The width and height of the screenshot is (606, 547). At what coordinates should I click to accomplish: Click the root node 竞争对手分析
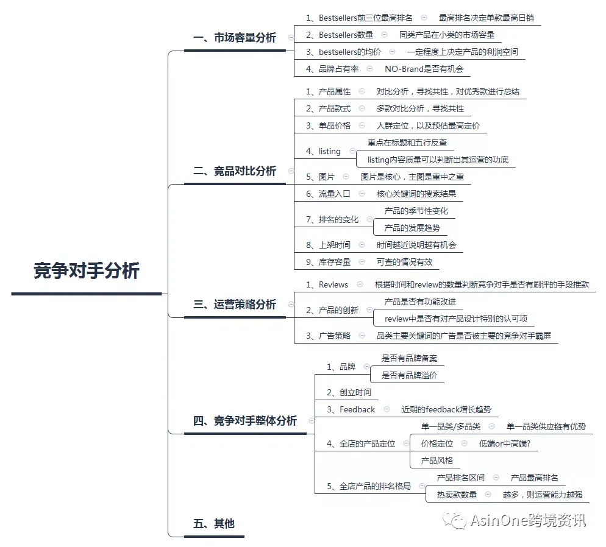[x=86, y=270]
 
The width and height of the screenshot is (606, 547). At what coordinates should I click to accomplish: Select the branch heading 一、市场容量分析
[x=235, y=38]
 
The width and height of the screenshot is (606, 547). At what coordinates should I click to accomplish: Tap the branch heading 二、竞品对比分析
[x=235, y=171]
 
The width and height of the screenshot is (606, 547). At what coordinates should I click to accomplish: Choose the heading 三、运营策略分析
[x=235, y=305]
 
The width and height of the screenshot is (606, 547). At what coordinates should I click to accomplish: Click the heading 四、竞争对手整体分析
[x=245, y=421]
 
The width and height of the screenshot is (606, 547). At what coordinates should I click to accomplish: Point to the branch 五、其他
[x=214, y=523]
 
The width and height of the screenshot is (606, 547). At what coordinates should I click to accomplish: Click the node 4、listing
[x=323, y=151]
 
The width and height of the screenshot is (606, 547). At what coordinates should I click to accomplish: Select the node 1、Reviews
[x=327, y=285]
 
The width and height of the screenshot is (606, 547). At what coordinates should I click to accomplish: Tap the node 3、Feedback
[x=351, y=409]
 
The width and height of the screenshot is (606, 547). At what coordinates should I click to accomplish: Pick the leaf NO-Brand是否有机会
[x=424, y=69]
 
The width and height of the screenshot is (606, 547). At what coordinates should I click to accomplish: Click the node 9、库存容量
[x=328, y=262]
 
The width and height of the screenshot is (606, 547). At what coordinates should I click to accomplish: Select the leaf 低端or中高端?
[x=505, y=444]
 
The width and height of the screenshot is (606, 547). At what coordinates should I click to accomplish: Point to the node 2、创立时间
[x=349, y=393]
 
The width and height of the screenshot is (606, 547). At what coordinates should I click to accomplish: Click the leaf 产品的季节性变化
[x=416, y=211]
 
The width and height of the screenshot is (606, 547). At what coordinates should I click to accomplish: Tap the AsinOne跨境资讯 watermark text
[x=529, y=521]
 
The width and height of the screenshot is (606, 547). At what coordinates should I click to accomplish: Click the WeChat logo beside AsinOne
[x=455, y=520]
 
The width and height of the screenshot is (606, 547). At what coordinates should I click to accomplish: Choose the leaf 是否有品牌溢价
[x=409, y=376]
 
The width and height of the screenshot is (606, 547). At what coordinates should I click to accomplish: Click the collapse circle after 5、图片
[x=346, y=177]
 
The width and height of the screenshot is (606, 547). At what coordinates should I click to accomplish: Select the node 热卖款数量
[x=457, y=495]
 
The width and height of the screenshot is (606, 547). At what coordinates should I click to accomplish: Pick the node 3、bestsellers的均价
[x=343, y=52]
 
